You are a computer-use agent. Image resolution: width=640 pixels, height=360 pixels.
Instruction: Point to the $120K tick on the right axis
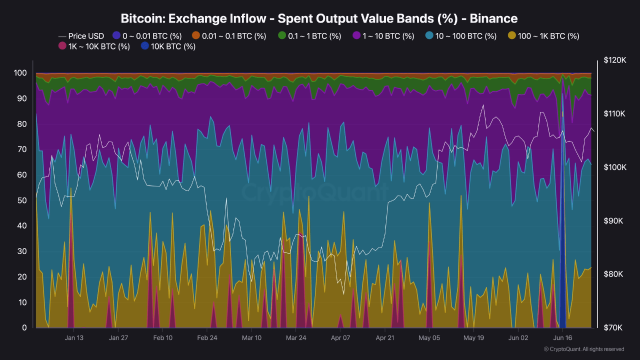click(614, 60)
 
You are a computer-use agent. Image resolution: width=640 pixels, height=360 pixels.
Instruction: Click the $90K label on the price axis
click(614, 220)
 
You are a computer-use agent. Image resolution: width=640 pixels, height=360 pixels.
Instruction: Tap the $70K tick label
click(614, 327)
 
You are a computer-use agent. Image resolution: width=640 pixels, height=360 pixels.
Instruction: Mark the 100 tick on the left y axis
click(20, 73)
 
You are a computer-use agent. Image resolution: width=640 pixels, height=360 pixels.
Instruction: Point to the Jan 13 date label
click(73, 337)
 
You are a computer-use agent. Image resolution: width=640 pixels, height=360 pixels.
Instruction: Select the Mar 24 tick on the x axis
click(295, 337)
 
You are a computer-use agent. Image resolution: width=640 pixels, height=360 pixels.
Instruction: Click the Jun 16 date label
click(562, 337)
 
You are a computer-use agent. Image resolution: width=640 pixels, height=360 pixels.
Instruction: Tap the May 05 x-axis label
click(429, 337)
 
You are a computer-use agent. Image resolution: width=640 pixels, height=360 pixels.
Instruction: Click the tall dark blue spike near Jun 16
click(562, 250)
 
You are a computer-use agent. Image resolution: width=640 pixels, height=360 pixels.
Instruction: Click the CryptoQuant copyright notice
click(583, 349)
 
